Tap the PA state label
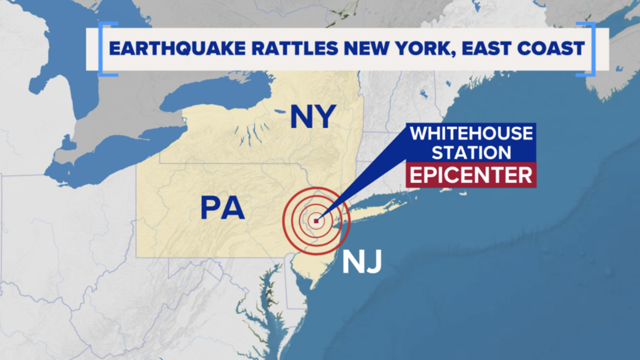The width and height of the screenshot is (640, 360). pos(222,208)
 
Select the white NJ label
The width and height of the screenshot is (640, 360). pos(362,262)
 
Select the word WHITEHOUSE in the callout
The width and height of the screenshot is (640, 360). pos(471,134)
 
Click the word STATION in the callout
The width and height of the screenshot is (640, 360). pos(471,152)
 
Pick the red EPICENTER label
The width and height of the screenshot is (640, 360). pos(471,175)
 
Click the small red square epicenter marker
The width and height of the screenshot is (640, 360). pos(316,221)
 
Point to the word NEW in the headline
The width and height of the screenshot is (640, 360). pos(360,49)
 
